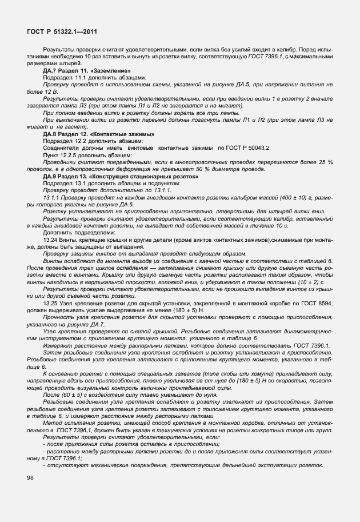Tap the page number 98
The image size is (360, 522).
pos(30,477)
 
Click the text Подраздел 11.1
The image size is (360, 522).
pos(66,77)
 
